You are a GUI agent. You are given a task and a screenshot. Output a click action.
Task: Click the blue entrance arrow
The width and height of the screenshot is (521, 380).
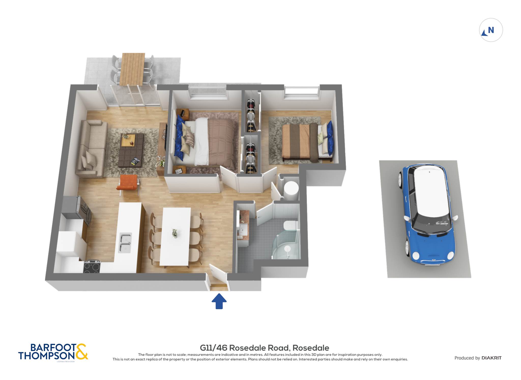[219, 301]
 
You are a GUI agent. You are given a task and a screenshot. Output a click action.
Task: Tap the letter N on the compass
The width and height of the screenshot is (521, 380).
[491, 30]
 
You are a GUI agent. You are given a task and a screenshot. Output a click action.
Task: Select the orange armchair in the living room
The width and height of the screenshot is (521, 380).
[128, 183]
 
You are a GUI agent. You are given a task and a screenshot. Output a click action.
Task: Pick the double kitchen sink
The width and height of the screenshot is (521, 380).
[125, 243]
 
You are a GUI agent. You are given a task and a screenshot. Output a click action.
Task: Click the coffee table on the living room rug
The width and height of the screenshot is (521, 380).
[131, 150]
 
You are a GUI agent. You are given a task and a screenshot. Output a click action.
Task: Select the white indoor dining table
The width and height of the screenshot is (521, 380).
[176, 237]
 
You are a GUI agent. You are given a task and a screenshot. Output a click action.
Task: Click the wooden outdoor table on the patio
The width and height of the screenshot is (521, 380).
[132, 69]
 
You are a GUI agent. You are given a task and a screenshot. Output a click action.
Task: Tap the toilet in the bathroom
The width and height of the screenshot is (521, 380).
[291, 225]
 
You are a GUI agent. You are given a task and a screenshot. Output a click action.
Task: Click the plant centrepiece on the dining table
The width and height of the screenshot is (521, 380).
[175, 233]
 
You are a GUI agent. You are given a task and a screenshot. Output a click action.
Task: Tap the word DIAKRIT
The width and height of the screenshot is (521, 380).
[491, 358]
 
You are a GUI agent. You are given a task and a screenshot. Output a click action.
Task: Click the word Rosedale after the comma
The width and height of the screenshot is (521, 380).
[311, 348]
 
